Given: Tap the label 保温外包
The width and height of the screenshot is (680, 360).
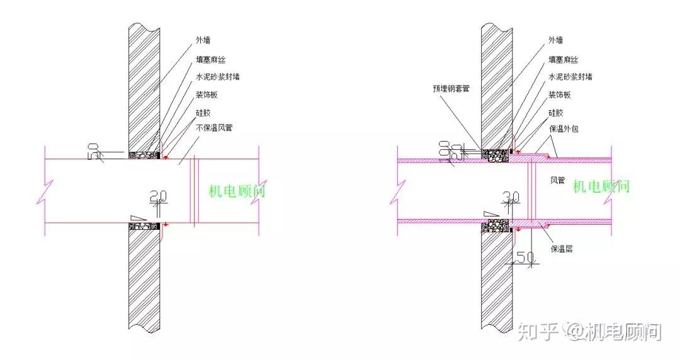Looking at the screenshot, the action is (563, 128).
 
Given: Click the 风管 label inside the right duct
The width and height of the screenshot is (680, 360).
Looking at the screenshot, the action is (558, 181).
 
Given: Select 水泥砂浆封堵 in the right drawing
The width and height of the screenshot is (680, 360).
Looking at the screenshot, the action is (570, 77).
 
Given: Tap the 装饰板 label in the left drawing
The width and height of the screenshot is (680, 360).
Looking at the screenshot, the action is (207, 94).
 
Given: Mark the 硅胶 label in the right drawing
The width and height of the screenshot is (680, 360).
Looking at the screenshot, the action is (555, 113).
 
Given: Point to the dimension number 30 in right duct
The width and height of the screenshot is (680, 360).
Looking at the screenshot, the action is (513, 197).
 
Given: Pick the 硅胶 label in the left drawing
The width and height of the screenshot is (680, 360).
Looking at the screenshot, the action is (203, 113).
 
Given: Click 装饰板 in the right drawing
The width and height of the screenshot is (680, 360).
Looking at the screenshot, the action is (559, 94).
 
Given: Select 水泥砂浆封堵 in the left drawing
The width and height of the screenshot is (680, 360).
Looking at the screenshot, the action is (218, 77).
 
